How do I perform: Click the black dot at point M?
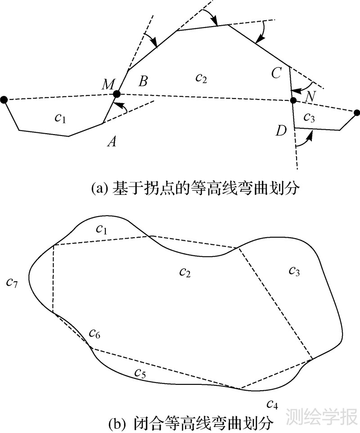(x=117, y=94)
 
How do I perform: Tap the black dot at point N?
(x=293, y=100)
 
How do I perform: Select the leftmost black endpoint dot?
(x=4, y=99)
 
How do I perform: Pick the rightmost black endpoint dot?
(x=357, y=113)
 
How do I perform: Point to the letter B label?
(x=143, y=81)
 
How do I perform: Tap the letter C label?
(x=277, y=72)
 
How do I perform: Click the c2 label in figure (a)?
(x=201, y=78)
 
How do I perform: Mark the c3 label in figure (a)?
(x=309, y=117)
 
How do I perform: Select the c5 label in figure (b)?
(x=140, y=373)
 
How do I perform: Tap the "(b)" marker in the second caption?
(x=117, y=423)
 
